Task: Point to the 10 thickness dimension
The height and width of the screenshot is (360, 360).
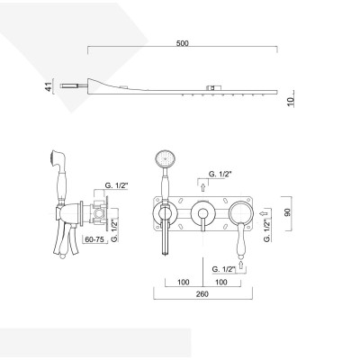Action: click(291, 102)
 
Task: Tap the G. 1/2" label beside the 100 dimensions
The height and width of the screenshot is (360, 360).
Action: click(221, 267)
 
